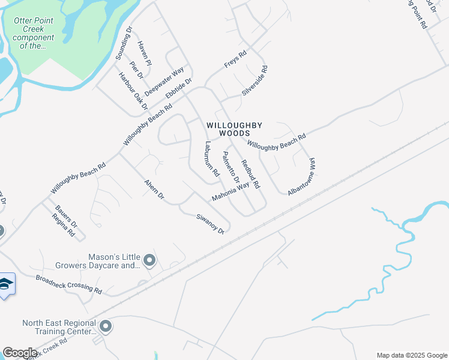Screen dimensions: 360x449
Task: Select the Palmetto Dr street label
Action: pos(231,167)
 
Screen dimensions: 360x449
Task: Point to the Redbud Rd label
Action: pos(250,174)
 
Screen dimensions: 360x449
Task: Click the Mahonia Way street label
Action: pos(230,193)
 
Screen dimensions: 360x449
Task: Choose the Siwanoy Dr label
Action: pos(209,223)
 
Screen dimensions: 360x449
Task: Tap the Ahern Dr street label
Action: pos(154,190)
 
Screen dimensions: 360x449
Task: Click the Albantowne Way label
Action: pos(301,176)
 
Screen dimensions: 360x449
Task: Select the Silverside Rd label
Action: pos(255,80)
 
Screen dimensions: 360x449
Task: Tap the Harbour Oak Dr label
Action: pos(133,91)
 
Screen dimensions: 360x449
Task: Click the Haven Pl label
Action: pos(145,53)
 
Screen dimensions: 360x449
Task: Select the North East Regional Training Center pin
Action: pos(106,326)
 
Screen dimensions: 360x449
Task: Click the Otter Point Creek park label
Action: pos(34,33)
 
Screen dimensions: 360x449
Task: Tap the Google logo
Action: pos(20,353)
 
